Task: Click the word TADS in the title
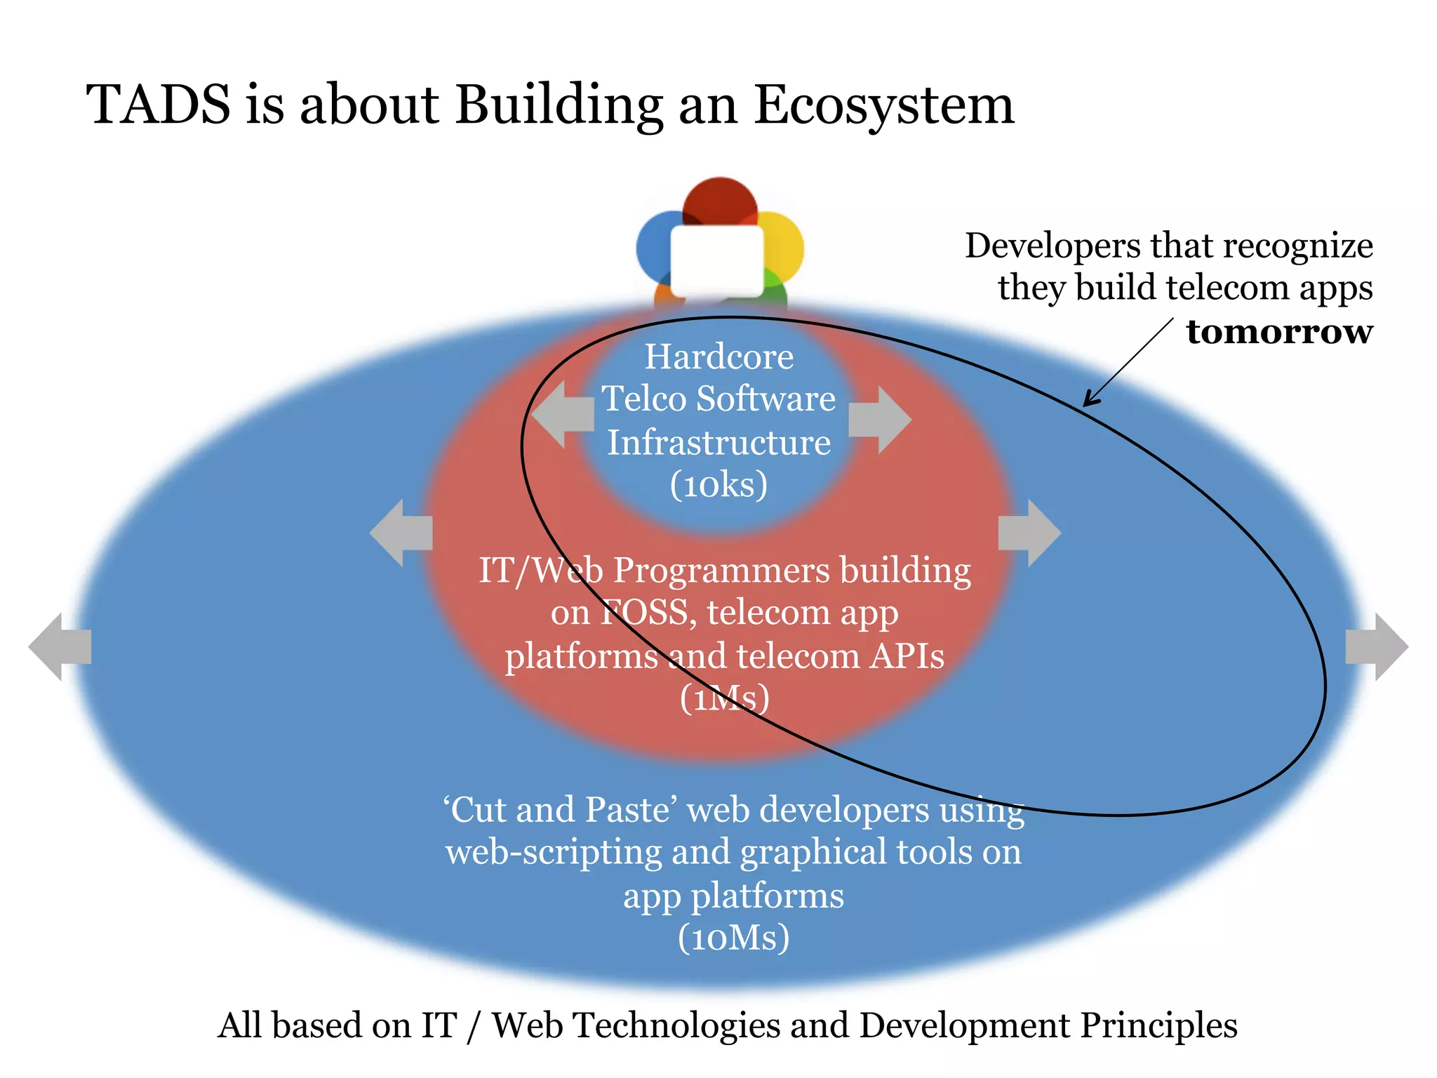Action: click(159, 105)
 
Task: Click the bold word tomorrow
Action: click(1279, 332)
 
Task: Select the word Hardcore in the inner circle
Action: click(719, 357)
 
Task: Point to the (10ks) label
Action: click(718, 484)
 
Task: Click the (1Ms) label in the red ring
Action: click(725, 698)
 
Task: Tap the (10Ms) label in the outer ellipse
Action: click(733, 938)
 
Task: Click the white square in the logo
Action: click(717, 260)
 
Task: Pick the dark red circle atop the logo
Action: click(720, 201)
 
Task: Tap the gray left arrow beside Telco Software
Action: click(561, 415)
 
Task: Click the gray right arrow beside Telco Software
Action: click(881, 420)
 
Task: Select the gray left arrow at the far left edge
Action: click(59, 646)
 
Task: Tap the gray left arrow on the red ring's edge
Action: click(401, 533)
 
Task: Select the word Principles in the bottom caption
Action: click(1158, 1025)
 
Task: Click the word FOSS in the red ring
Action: click(646, 613)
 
